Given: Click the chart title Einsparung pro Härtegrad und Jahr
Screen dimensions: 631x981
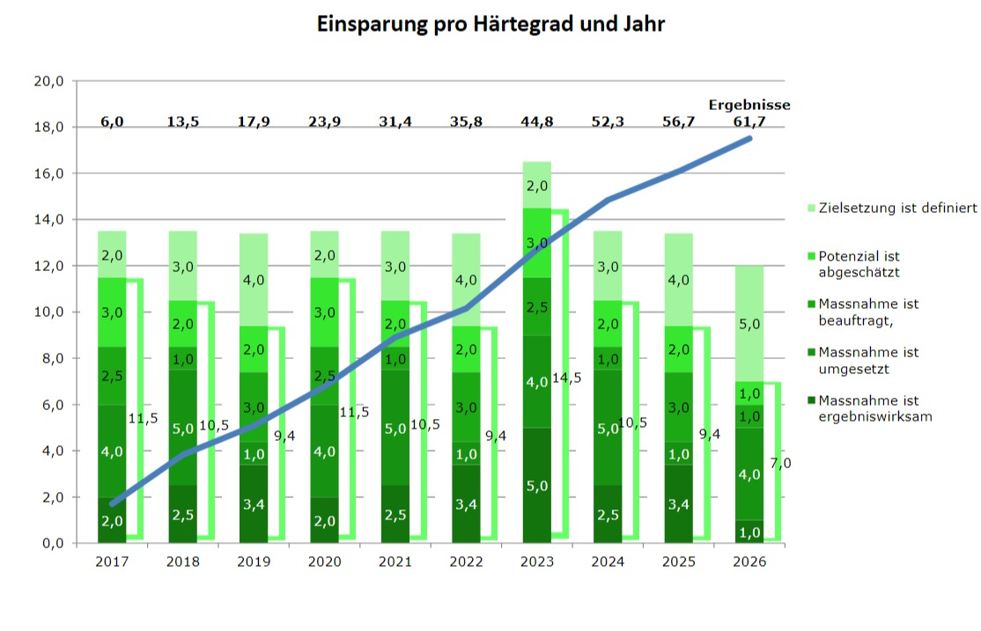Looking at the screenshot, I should [490, 24].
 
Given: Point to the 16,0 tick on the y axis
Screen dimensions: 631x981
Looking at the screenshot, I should [48, 173].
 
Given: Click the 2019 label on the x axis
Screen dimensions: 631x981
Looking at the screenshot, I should [254, 561].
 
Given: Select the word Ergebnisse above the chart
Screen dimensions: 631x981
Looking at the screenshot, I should [749, 105].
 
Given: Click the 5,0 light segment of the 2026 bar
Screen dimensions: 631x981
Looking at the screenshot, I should [750, 324].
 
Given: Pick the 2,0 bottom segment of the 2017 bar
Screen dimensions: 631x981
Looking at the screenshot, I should [113, 520].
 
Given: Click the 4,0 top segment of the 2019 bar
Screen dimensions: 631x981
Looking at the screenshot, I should [254, 280].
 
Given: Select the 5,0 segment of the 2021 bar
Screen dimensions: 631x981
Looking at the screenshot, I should [395, 429].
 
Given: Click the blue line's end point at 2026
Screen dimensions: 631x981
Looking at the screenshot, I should [749, 138].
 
